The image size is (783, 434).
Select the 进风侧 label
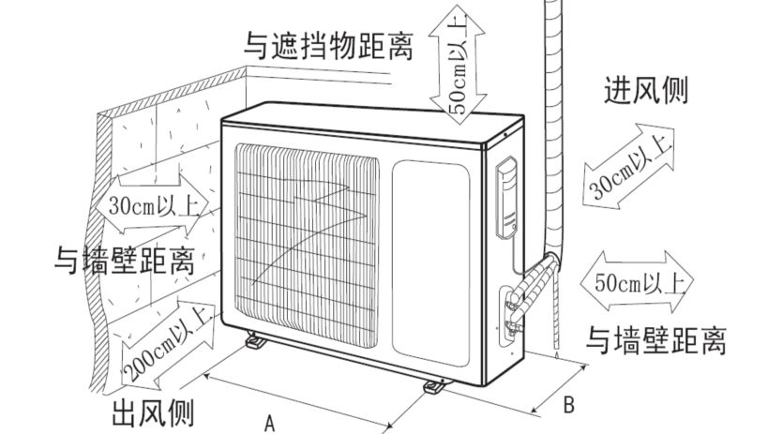646,90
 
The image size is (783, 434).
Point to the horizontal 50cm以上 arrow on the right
636,281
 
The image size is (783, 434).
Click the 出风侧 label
152,412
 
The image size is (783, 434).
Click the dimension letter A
270,424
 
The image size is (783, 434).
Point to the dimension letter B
568,406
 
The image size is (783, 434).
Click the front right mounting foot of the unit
434,384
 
